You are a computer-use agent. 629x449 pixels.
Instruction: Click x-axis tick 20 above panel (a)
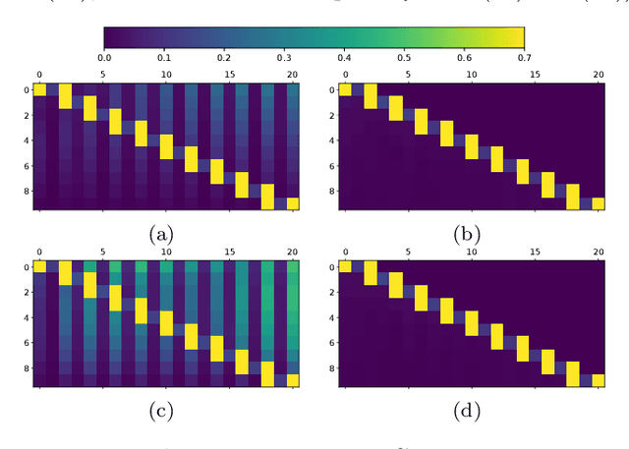click(x=292, y=74)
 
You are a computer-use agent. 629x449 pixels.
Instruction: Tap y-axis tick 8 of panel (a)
click(x=25, y=192)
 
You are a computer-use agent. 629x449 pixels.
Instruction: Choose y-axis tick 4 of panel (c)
click(x=25, y=316)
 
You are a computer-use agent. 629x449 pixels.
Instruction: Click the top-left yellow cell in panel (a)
click(x=39, y=90)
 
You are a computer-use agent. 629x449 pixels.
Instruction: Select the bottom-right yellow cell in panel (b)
click(x=597, y=204)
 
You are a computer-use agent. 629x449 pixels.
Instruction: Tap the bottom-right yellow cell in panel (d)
click(x=597, y=380)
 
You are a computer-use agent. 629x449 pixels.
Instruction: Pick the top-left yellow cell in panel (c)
click(x=39, y=266)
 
